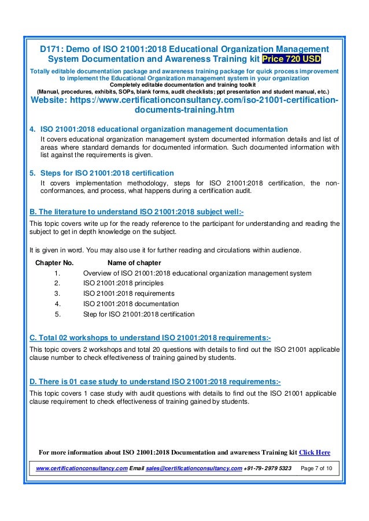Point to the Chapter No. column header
pyautogui.click(x=54, y=263)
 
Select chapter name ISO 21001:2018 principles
pyautogui.click(x=123, y=283)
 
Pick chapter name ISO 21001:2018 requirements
pyautogui.click(x=128, y=293)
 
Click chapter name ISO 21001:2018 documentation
pyautogui.click(x=131, y=304)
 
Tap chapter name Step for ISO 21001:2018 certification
pyautogui.click(x=139, y=314)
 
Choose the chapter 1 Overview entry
pyautogui.click(x=197, y=273)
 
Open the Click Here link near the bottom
pyautogui.click(x=314, y=452)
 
